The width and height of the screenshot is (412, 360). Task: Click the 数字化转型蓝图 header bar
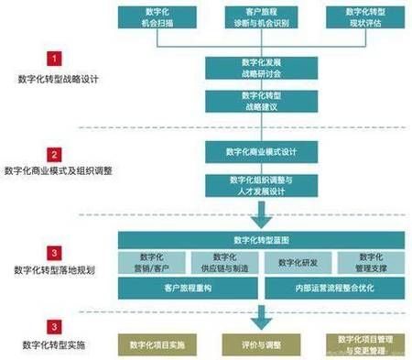tap(262, 239)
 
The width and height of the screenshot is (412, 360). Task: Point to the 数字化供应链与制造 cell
tap(223, 262)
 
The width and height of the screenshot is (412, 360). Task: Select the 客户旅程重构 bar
tap(189, 288)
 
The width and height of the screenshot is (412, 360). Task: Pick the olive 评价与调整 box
tap(261, 344)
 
